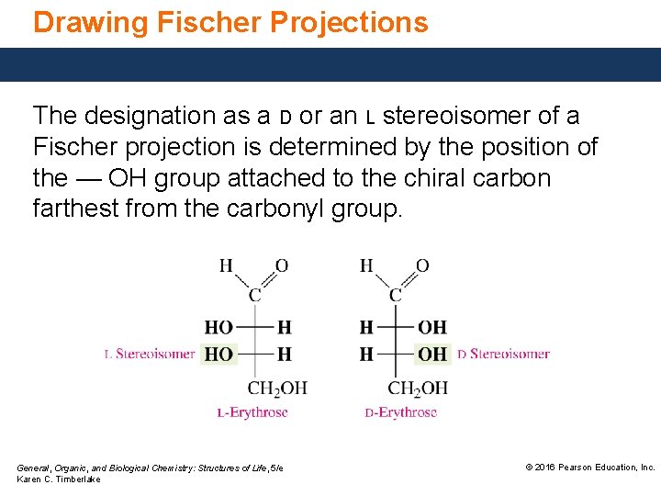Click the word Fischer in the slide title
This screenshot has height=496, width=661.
194,22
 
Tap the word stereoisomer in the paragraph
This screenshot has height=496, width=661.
468,116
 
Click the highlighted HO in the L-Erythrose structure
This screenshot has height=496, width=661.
218,354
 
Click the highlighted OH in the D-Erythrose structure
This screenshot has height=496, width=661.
432,354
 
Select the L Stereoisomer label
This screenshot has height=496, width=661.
150,354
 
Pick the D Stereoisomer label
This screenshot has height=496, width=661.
503,354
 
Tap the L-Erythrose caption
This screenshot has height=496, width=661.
252,412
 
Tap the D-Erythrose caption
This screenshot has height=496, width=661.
402,412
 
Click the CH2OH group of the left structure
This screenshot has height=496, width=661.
277,388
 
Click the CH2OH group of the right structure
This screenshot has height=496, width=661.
418,388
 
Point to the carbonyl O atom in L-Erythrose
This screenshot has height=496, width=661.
282,266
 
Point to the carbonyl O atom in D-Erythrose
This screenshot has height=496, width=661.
422,266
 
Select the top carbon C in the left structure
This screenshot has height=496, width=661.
255,295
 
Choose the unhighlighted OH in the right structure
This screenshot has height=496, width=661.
432,327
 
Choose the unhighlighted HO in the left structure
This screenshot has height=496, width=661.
218,327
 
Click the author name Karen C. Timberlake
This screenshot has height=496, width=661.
60,479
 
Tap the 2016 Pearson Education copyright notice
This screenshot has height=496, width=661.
589,468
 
